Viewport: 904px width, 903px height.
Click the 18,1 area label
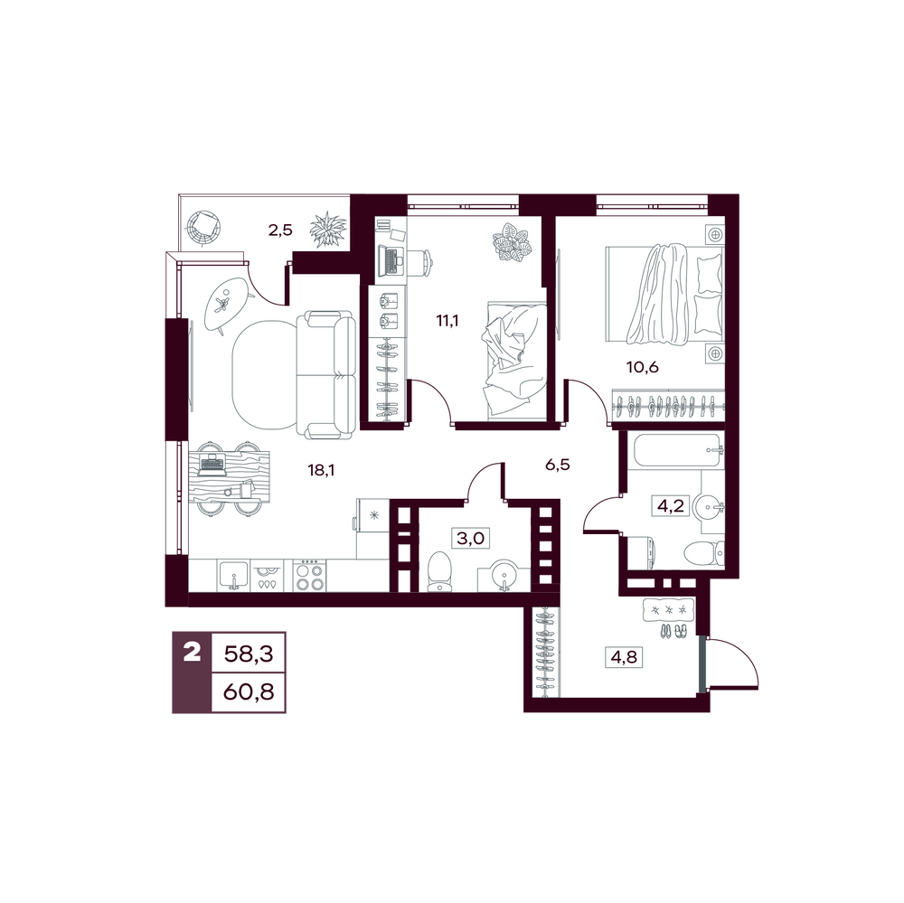click(322, 471)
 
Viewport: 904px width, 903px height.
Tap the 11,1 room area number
click(447, 321)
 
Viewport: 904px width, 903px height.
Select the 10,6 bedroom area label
click(643, 367)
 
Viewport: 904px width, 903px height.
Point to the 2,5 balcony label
click(280, 230)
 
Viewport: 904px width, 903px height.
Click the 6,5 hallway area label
click(558, 465)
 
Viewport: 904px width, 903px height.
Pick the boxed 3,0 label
click(470, 539)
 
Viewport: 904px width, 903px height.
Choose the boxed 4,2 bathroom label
click(671, 505)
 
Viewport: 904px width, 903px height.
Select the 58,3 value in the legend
click(249, 654)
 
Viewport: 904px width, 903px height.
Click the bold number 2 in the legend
click(192, 654)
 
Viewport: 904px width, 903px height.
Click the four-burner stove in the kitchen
click(310, 576)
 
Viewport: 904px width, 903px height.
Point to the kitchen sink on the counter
click(233, 576)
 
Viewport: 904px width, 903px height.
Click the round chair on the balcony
click(202, 229)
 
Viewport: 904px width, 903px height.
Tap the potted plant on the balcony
click(328, 230)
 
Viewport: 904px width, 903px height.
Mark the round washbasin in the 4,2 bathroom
click(709, 508)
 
